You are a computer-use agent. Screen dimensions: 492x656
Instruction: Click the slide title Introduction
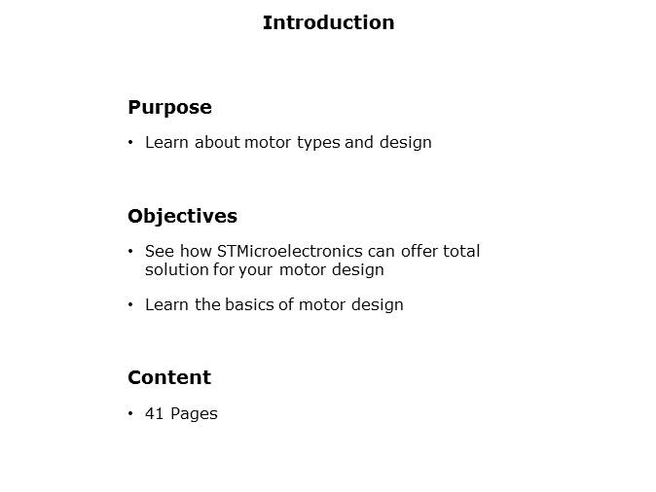coord(328,22)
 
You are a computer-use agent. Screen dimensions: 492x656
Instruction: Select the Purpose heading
coord(169,107)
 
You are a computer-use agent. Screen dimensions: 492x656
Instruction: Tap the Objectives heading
coord(182,216)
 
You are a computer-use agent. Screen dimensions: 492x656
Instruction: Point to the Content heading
coord(169,377)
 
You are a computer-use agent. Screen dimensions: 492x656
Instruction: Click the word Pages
coord(194,413)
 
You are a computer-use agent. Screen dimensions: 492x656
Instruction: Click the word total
coord(461,251)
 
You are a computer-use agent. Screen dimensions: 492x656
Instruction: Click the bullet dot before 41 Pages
coord(130,414)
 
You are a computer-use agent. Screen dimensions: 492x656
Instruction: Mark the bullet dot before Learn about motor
coord(130,143)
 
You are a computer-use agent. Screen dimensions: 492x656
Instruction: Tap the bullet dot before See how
coord(130,252)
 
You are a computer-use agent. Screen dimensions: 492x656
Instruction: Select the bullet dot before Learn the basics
coord(130,305)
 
